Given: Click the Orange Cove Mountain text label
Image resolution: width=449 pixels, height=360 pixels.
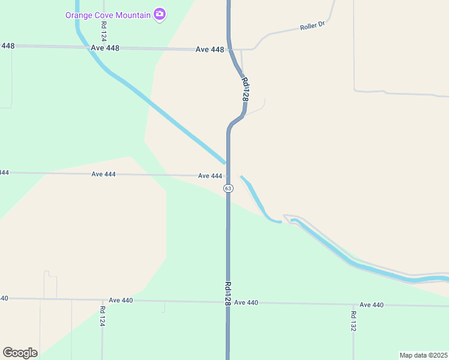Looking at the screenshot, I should [x=108, y=14].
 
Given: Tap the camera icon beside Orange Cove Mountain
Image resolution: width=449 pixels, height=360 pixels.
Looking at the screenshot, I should [x=159, y=14].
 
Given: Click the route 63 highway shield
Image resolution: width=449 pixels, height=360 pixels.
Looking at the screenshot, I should [x=228, y=188].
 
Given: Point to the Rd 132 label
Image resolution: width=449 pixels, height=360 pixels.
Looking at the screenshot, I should [x=354, y=321].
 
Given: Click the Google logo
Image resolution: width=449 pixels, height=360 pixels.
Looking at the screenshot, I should [x=20, y=353].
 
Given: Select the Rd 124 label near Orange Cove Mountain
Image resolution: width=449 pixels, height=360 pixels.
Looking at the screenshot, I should [x=104, y=31].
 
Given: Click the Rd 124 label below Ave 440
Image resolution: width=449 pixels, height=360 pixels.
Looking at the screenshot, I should [x=102, y=316].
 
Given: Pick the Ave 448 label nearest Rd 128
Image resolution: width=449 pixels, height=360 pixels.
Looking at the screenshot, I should [x=210, y=49].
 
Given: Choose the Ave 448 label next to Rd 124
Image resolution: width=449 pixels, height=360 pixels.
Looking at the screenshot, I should [x=106, y=47].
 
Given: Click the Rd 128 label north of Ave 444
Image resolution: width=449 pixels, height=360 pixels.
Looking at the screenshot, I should [x=245, y=88].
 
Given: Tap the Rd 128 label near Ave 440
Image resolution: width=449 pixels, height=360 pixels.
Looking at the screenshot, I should [x=228, y=295].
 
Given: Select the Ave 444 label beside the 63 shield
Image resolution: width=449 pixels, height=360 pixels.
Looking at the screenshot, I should [x=210, y=176].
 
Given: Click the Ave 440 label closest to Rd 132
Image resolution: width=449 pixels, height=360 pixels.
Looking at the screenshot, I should [x=372, y=305].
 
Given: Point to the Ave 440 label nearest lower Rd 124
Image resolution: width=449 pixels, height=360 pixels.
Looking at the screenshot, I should [x=121, y=300].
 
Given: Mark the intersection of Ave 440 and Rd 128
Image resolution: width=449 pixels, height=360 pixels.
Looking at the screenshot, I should [x=228, y=302].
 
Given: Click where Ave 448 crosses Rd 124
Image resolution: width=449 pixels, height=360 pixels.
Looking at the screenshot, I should [x=104, y=47].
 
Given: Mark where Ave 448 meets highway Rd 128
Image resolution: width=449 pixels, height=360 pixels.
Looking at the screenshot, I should [x=229, y=49].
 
